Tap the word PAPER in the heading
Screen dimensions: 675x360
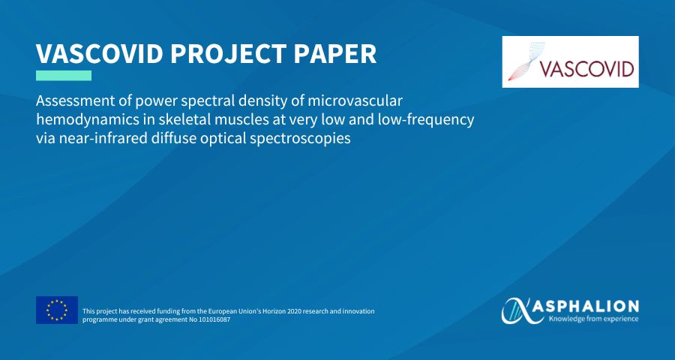coord(336,53)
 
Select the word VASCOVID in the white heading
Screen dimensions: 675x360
coord(100,53)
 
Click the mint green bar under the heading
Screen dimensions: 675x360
coord(64,76)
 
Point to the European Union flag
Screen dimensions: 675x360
coord(57,310)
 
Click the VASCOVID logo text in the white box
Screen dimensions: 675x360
coord(586,69)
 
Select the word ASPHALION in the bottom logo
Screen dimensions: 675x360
coord(593,307)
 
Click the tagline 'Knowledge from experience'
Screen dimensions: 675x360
coord(593,319)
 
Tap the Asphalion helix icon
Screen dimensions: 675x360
coord(523,310)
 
